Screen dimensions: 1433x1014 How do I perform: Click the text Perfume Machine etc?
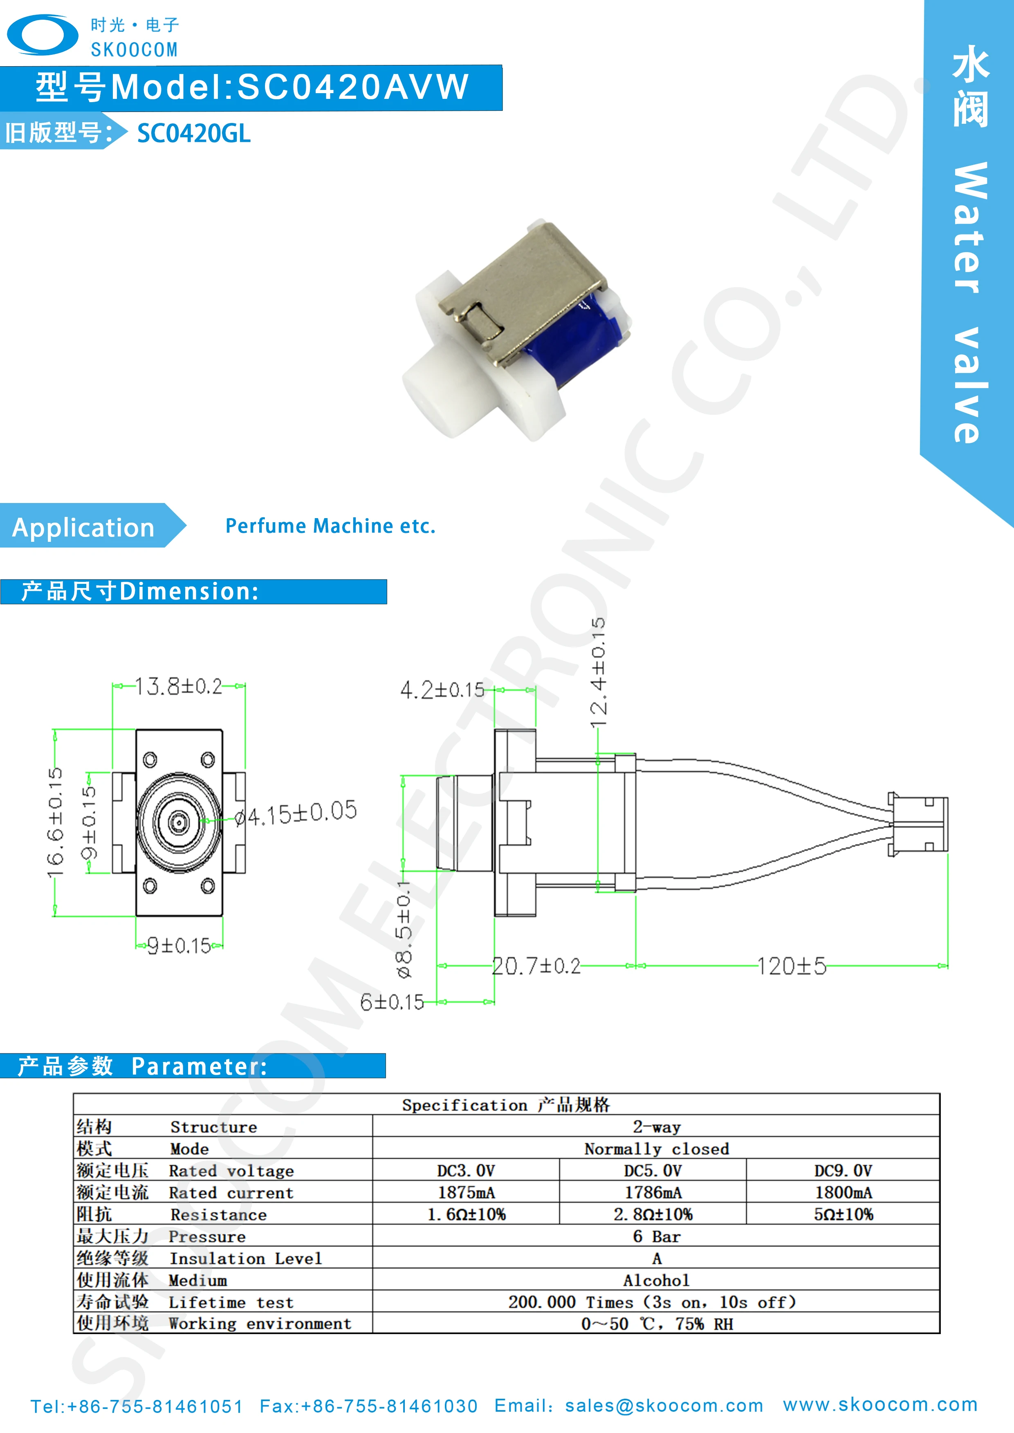330,526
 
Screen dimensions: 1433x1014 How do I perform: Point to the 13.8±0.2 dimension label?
179,686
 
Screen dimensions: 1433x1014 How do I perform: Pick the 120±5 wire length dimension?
791,966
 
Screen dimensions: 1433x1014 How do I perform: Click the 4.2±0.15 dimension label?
442,690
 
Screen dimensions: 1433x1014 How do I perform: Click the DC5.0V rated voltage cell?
653,1171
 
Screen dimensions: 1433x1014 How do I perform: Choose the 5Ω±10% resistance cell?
843,1214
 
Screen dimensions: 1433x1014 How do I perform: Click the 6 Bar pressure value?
656,1236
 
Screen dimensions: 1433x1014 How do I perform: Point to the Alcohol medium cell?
656,1281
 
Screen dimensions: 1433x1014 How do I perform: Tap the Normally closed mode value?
656,1149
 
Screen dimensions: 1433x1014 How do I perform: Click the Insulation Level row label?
245,1258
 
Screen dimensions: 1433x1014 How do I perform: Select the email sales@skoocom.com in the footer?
664,1406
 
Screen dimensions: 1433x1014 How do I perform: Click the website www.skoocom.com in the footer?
880,1404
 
